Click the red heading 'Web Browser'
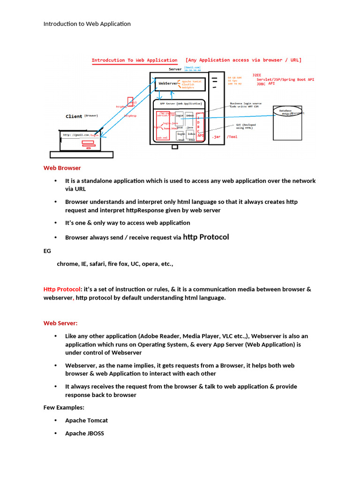[62, 168]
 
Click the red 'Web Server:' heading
[60, 323]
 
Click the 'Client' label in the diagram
[74, 116]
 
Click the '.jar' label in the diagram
[216, 137]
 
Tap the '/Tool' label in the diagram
[232, 137]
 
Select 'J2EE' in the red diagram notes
[257, 75]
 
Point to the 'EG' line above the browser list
[47, 251]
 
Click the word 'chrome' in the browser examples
[67, 264]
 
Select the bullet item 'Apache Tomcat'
[86, 420]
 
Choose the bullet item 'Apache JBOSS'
[84, 434]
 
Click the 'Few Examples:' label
[64, 408]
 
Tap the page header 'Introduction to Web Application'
[87, 24]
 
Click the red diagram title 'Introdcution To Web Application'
[134, 60]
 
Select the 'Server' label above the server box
[175, 69]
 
